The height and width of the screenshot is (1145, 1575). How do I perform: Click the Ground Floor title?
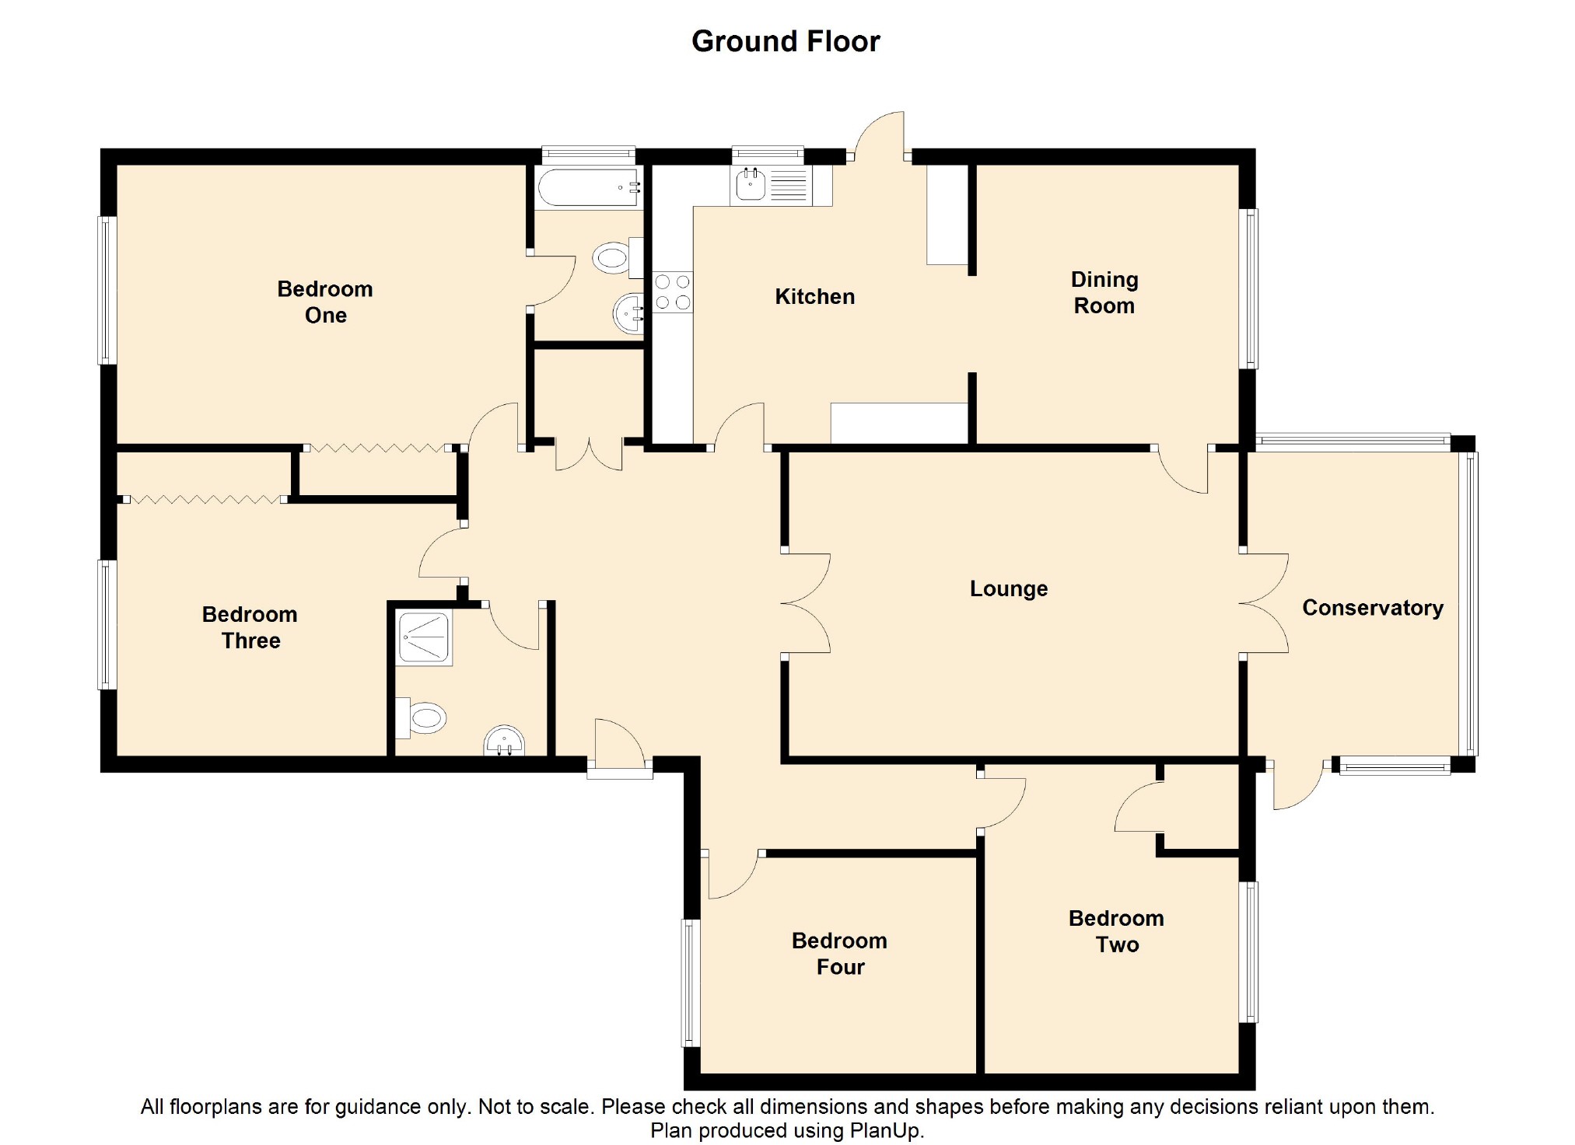(786, 41)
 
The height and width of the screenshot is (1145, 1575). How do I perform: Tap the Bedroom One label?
(325, 302)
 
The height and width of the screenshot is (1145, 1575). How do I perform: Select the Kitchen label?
(814, 296)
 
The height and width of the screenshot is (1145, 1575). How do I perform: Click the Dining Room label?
(1104, 292)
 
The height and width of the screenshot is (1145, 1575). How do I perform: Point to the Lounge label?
(1008, 588)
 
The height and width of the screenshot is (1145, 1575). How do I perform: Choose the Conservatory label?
(1372, 607)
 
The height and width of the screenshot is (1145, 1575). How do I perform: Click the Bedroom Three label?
(250, 627)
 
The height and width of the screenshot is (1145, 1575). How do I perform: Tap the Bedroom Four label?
(839, 953)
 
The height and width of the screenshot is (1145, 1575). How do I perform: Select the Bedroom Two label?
(1116, 931)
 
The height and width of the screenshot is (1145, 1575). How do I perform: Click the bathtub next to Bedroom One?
(589, 187)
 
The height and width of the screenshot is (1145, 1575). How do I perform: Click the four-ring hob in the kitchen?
(673, 292)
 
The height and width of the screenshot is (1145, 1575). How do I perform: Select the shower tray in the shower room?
(424, 638)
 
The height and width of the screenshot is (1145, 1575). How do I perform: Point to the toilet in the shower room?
(422, 717)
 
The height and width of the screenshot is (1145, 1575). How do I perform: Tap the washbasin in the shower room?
(505, 742)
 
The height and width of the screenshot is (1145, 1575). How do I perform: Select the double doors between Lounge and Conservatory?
(1264, 603)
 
